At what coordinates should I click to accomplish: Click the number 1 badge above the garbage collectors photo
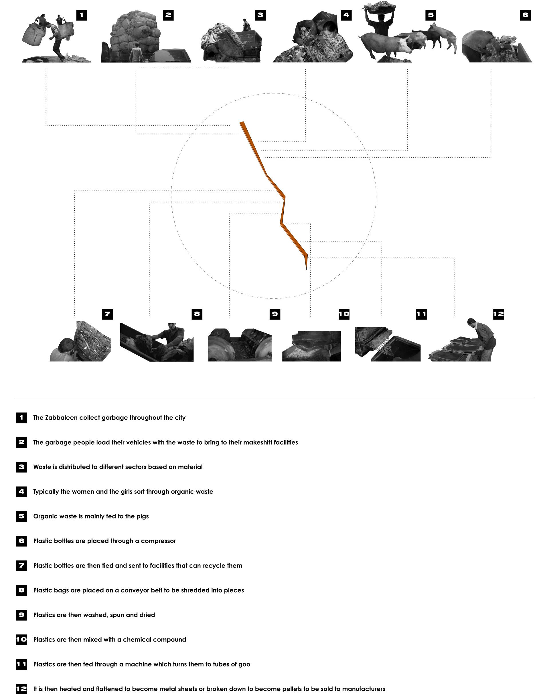pos(82,15)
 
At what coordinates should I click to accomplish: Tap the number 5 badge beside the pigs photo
pos(431,15)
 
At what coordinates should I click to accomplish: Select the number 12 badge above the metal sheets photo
pos(498,314)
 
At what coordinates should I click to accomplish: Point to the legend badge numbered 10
pos(21,640)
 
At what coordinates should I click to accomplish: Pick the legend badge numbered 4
pos(21,491)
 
